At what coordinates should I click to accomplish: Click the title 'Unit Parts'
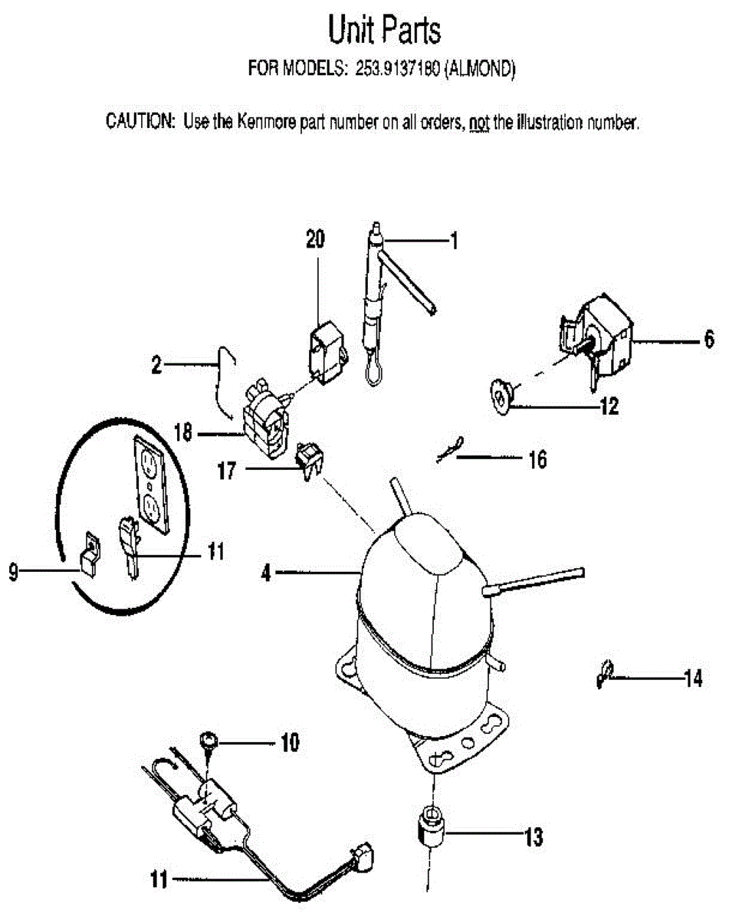pyautogui.click(x=384, y=31)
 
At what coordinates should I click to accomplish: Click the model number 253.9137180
pyautogui.click(x=396, y=69)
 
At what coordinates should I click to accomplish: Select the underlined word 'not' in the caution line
pyautogui.click(x=479, y=123)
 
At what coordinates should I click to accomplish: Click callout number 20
pyautogui.click(x=314, y=240)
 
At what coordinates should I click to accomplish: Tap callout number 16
pyautogui.click(x=537, y=460)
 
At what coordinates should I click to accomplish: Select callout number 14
pyautogui.click(x=693, y=678)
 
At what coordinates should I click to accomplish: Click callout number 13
pyautogui.click(x=534, y=837)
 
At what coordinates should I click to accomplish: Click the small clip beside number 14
pyautogui.click(x=604, y=676)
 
